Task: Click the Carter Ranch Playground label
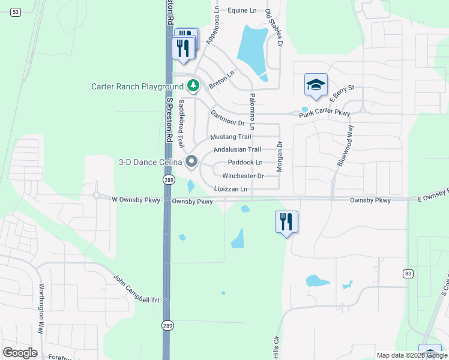(x=137, y=86)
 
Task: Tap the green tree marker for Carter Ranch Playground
(x=193, y=86)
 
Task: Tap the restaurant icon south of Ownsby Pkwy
(x=286, y=222)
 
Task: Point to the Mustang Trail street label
(x=231, y=137)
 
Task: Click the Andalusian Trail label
(x=237, y=149)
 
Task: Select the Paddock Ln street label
(x=245, y=163)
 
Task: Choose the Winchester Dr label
(x=243, y=176)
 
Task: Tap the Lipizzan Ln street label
(x=231, y=189)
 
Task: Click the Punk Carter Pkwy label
(x=325, y=113)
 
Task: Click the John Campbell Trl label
(x=138, y=290)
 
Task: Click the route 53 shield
(x=16, y=12)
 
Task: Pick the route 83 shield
(x=408, y=273)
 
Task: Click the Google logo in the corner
(x=20, y=353)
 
